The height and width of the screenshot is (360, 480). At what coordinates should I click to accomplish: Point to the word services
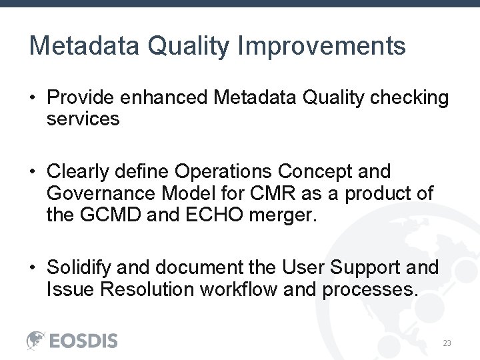pyautogui.click(x=83, y=119)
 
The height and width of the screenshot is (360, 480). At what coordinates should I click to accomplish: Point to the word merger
pyautogui.click(x=293, y=215)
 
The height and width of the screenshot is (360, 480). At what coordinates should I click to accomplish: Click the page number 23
pyautogui.click(x=447, y=343)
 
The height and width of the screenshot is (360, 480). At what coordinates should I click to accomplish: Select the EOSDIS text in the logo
pyautogui.click(x=84, y=341)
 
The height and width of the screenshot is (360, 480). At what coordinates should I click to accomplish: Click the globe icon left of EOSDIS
pyautogui.click(x=36, y=340)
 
